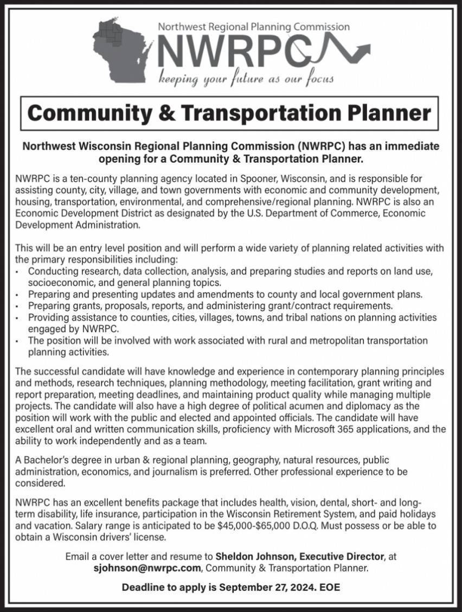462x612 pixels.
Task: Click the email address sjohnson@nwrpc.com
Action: click(x=147, y=568)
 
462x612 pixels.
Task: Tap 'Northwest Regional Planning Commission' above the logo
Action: click(x=254, y=26)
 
